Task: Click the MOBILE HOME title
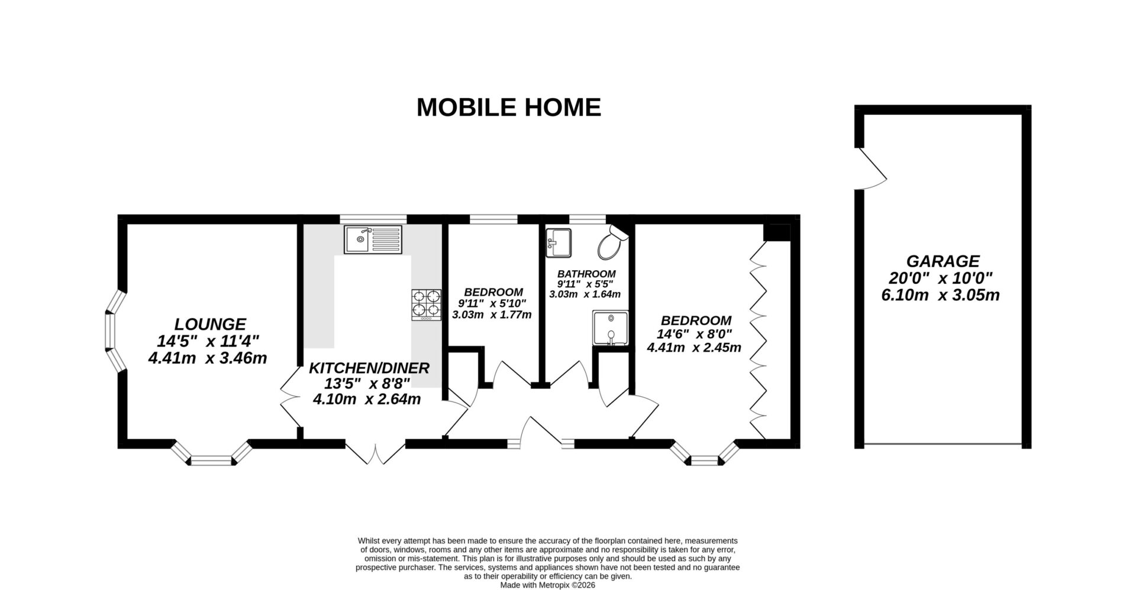click(x=508, y=108)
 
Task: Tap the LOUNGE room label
click(x=210, y=324)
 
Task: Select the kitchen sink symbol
click(x=373, y=239)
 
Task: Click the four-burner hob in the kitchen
click(x=426, y=304)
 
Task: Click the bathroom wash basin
click(x=558, y=243)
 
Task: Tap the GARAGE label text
click(x=943, y=261)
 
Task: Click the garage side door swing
click(x=872, y=169)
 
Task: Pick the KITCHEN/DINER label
click(x=369, y=368)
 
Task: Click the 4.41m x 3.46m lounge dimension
click(x=207, y=358)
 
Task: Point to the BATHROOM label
click(x=586, y=274)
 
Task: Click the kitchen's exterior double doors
click(x=376, y=452)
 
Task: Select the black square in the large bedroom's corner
click(x=777, y=232)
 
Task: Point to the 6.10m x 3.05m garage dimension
click(x=940, y=295)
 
